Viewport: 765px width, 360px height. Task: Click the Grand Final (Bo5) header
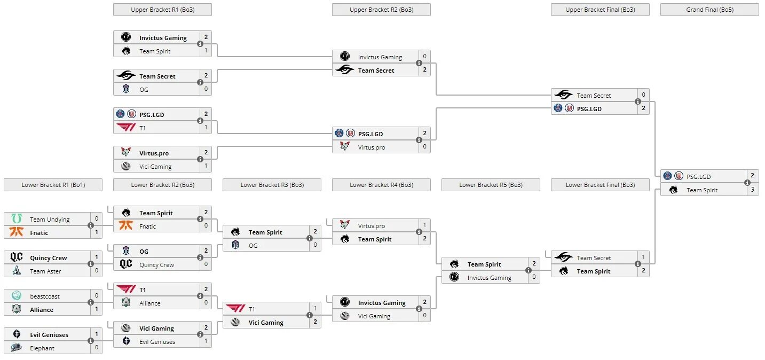709,10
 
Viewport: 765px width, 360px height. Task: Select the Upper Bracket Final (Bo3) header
600,10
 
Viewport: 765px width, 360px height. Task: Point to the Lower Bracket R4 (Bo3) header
381,185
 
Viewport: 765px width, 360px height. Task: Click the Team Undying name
50,220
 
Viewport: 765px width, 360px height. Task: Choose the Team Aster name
45,271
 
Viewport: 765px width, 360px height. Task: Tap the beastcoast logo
17,296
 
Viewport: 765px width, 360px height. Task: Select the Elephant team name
42,348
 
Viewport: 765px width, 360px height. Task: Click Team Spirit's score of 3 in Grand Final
753,190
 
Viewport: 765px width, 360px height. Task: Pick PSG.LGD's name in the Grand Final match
698,177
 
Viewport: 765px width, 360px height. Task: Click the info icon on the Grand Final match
747,183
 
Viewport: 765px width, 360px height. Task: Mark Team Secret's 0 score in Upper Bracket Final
643,95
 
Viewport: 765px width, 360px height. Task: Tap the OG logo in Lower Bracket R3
235,245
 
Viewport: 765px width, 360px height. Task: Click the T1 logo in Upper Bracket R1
126,128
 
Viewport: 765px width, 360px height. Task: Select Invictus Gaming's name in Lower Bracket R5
489,278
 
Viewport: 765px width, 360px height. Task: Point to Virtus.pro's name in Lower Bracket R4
372,226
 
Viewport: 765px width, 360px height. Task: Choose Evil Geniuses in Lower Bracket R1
49,335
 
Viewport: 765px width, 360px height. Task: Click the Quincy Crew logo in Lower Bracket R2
126,264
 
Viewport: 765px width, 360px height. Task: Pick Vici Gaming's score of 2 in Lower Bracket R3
315,322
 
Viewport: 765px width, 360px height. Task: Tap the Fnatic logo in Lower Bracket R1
17,232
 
